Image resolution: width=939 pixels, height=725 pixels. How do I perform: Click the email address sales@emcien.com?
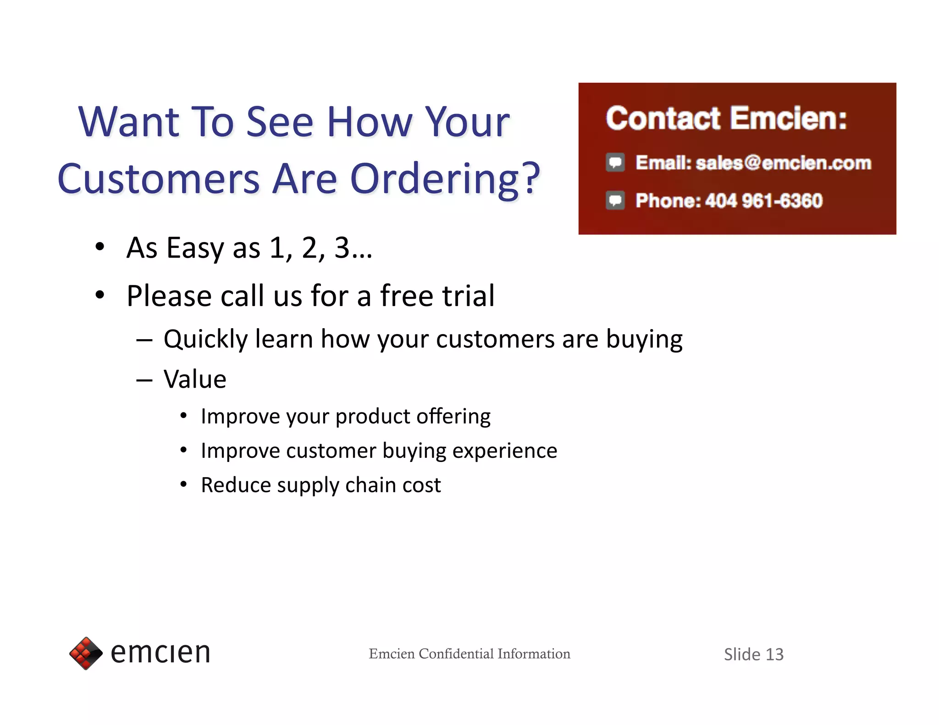pyautogui.click(x=783, y=163)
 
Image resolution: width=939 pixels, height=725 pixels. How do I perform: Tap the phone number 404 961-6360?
pyautogui.click(x=763, y=201)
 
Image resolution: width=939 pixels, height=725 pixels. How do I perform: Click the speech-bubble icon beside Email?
pyautogui.click(x=615, y=163)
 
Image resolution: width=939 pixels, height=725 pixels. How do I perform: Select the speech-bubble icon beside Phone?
pyautogui.click(x=615, y=201)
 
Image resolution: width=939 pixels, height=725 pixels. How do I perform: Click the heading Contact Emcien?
pyautogui.click(x=726, y=119)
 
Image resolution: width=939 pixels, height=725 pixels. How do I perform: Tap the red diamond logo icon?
pyautogui.click(x=86, y=653)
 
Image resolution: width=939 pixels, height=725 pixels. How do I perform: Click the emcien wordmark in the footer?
pyautogui.click(x=160, y=653)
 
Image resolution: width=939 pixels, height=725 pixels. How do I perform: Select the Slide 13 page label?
pyautogui.click(x=753, y=654)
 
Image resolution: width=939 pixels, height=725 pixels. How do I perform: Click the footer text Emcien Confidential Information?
pyautogui.click(x=469, y=654)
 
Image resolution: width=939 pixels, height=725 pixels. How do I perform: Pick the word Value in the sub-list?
pyautogui.click(x=195, y=379)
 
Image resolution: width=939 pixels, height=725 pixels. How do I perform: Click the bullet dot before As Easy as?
pyautogui.click(x=100, y=247)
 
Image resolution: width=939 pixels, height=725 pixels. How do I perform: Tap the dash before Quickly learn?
pyautogui.click(x=144, y=340)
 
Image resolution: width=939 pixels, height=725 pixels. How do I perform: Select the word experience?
pyautogui.click(x=504, y=451)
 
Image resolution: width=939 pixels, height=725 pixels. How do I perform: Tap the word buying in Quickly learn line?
pyautogui.click(x=644, y=340)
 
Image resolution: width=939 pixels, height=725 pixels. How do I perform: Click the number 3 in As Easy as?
pyautogui.click(x=342, y=248)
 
